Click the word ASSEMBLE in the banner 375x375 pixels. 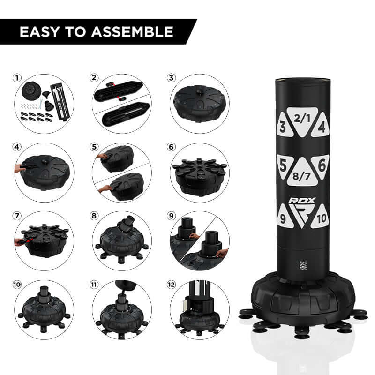(x=132, y=32)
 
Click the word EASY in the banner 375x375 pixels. (x=40, y=32)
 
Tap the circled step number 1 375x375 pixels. (x=17, y=78)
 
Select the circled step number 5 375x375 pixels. (x=94, y=147)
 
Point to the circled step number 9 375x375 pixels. (x=171, y=216)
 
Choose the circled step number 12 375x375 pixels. (x=171, y=285)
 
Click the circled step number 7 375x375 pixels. (x=17, y=216)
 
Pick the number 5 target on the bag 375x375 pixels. (x=284, y=165)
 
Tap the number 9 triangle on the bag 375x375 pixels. (x=285, y=217)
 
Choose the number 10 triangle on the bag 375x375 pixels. (x=321, y=217)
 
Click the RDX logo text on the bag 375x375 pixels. (x=302, y=201)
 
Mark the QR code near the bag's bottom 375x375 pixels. (x=303, y=265)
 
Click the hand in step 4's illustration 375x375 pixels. (x=20, y=168)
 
